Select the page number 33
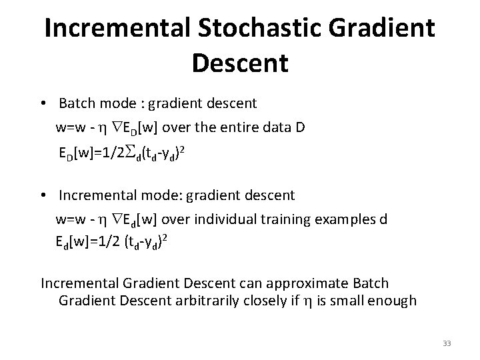pos(447,343)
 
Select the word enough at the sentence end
pos(394,301)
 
